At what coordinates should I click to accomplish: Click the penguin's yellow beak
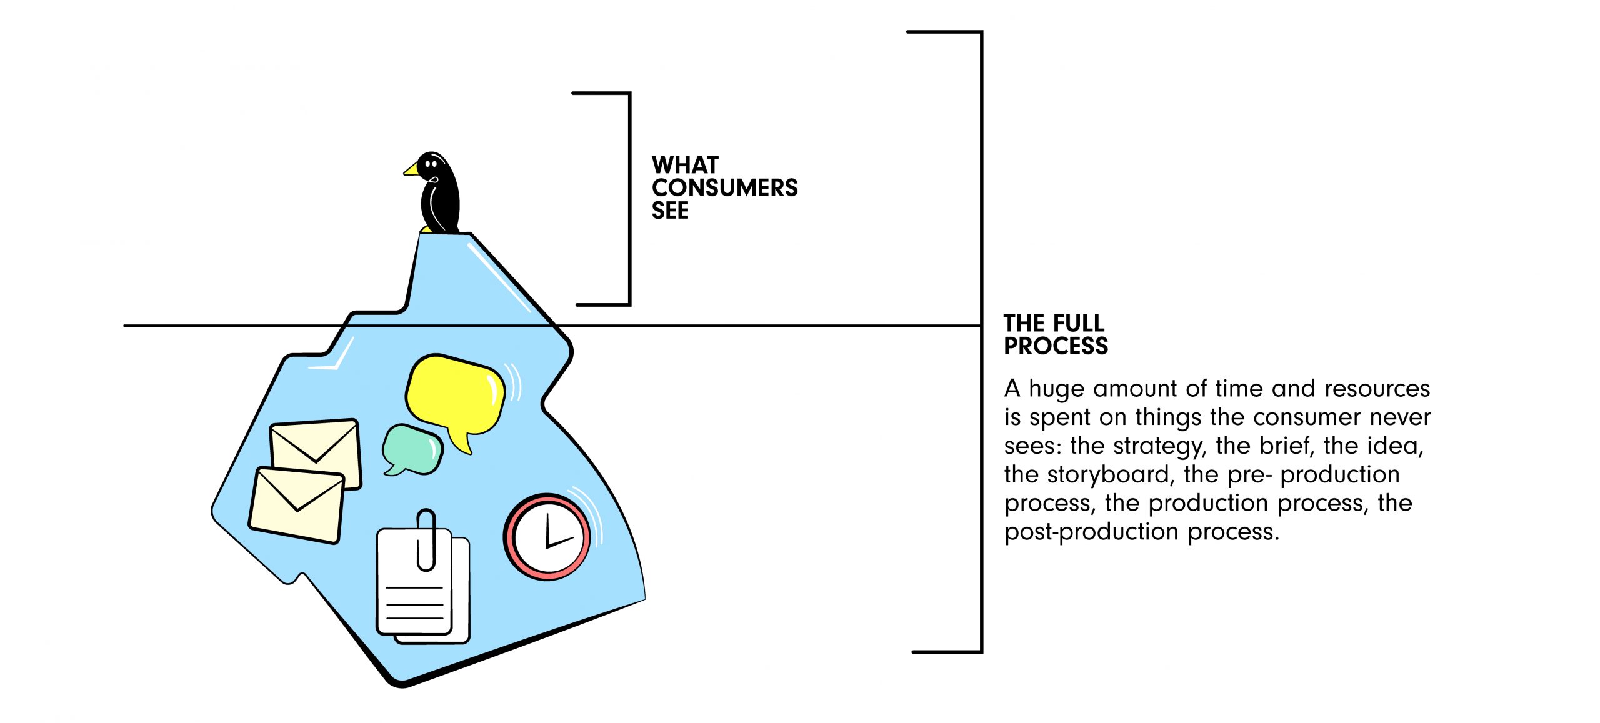tap(412, 169)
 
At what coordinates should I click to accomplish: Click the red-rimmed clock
tap(547, 537)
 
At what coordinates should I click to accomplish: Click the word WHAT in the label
tap(685, 166)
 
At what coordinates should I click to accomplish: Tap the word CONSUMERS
tap(724, 188)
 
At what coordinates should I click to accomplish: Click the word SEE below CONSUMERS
tap(670, 211)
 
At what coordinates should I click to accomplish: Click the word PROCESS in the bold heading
tap(1056, 346)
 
